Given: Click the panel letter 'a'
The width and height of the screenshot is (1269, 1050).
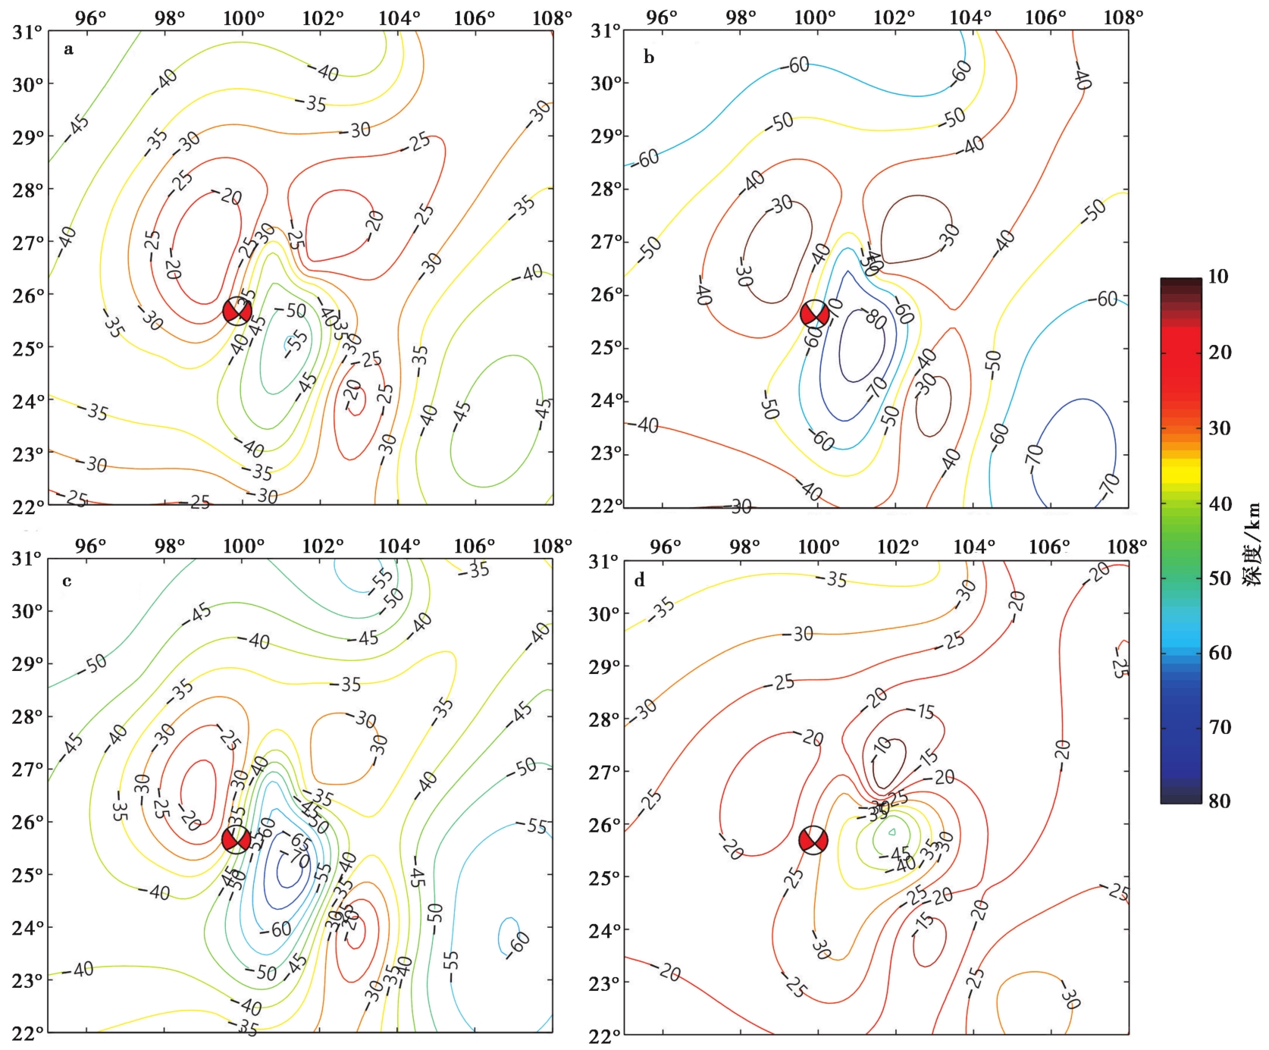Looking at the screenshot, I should click(68, 50).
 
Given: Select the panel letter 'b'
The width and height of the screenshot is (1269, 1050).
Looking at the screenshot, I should click(648, 57).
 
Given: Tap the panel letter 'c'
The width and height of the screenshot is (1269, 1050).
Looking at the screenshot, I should click(67, 581).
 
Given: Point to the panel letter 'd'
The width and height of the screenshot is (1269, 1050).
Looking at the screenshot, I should click(640, 581).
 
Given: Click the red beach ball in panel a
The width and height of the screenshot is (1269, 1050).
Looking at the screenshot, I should click(237, 311).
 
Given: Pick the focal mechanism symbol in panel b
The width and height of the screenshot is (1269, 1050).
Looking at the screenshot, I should click(815, 314).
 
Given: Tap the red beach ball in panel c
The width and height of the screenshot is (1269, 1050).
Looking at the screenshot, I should click(236, 839).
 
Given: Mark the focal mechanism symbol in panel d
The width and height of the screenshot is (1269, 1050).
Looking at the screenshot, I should click(813, 840).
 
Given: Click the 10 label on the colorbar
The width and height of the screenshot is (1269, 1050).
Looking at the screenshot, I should click(1218, 277).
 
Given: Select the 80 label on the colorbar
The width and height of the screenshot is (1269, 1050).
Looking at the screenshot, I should click(1218, 801).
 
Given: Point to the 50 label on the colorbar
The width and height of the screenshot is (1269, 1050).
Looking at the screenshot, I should click(1219, 578).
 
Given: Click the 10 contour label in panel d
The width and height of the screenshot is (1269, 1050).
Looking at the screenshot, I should click(882, 747).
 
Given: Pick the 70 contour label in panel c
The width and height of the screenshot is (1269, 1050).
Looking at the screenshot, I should click(301, 860).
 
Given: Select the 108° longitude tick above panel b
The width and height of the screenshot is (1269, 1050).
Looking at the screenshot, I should click(1123, 17).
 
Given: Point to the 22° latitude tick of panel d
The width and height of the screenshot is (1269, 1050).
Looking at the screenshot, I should click(604, 1033).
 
